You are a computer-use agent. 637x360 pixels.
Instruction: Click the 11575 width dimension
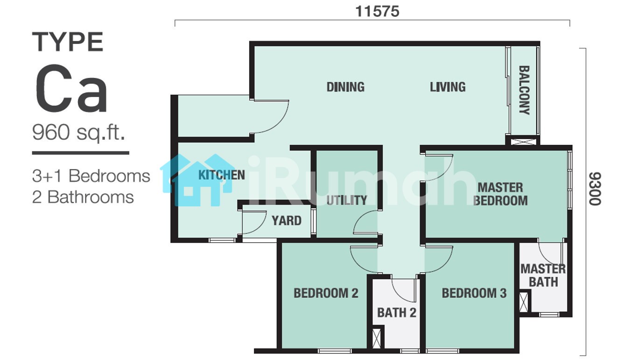pyautogui.click(x=378, y=12)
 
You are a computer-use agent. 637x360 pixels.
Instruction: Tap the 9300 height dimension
pyautogui.click(x=595, y=189)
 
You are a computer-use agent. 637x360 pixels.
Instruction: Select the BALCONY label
pyautogui.click(x=525, y=90)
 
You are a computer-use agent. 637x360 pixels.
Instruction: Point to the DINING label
pyautogui.click(x=345, y=87)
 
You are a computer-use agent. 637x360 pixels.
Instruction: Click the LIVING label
pyautogui.click(x=448, y=87)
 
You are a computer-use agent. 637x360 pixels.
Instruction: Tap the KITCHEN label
pyautogui.click(x=222, y=175)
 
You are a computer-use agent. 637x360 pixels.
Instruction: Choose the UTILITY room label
pyautogui.click(x=347, y=200)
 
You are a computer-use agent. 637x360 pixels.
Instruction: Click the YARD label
pyautogui.click(x=287, y=220)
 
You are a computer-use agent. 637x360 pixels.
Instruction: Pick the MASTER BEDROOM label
pyautogui.click(x=500, y=194)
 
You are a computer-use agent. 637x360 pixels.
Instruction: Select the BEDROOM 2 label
pyautogui.click(x=326, y=293)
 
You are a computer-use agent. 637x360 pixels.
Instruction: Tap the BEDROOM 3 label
pyautogui.click(x=474, y=293)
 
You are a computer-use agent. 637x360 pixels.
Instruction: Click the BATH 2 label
pyautogui.click(x=397, y=313)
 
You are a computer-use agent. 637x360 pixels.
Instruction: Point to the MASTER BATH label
pyautogui.click(x=543, y=275)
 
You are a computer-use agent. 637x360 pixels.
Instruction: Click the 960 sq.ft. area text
pyautogui.click(x=79, y=133)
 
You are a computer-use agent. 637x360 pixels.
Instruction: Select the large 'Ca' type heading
pyautogui.click(x=71, y=89)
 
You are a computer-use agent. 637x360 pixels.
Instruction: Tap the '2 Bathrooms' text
pyautogui.click(x=83, y=197)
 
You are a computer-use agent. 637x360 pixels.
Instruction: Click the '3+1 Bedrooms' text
pyautogui.click(x=91, y=176)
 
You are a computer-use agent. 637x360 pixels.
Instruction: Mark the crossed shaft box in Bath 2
pyautogui.click(x=377, y=338)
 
